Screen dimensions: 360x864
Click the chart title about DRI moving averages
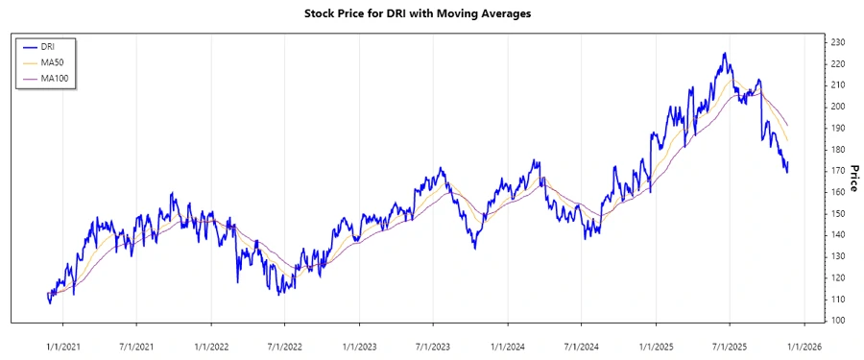pos(430,14)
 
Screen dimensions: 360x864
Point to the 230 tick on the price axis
pos(837,42)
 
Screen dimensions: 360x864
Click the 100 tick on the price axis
pos(837,321)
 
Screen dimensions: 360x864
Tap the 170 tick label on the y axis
pos(837,171)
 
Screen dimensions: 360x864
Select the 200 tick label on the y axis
pos(837,107)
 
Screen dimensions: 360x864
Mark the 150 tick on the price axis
pos(837,213)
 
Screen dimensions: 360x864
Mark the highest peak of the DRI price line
pos(724,53)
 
